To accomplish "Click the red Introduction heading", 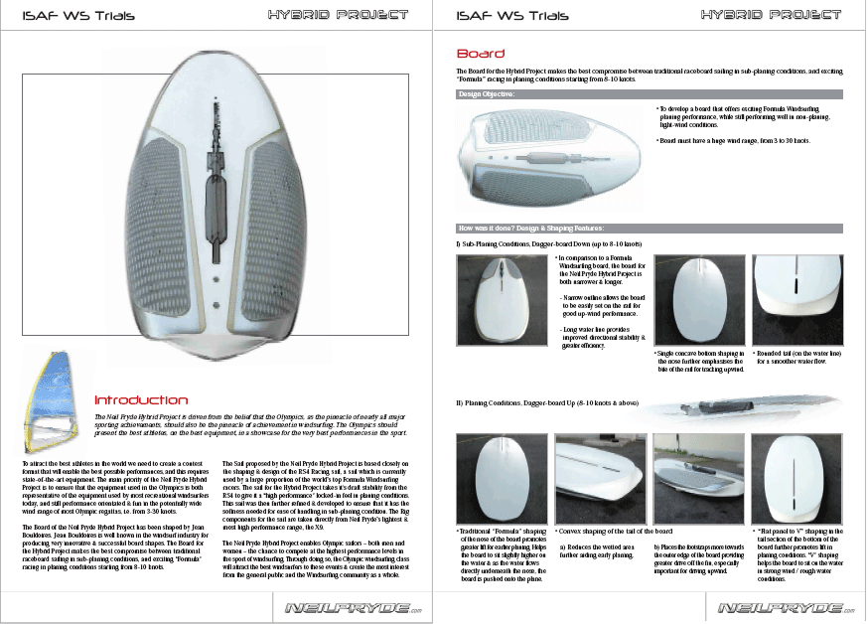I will [140, 399].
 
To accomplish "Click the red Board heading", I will [480, 54].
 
